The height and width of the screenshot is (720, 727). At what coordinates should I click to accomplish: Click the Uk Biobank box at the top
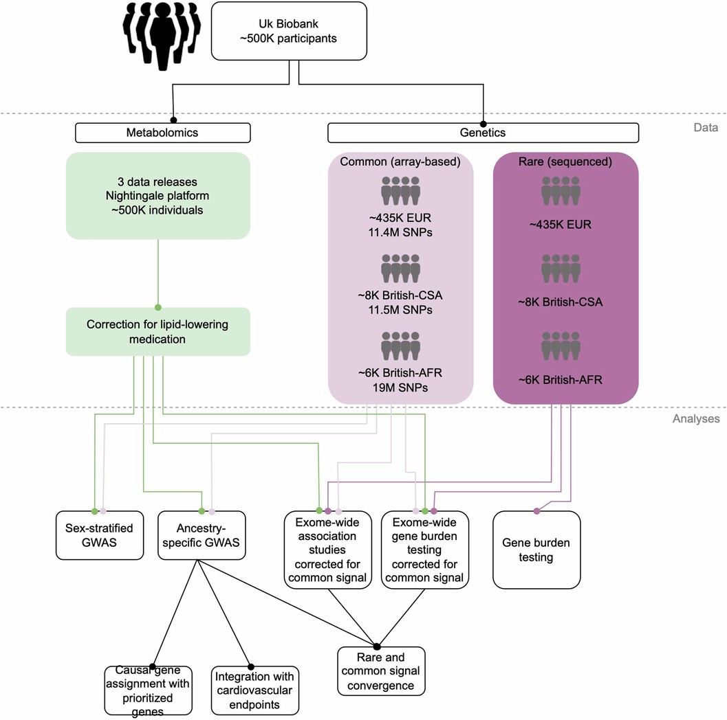[298, 32]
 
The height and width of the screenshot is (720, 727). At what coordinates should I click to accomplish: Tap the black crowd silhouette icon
[162, 36]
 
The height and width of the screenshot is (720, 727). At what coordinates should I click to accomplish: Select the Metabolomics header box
[162, 133]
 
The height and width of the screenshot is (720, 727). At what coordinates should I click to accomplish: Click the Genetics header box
[483, 133]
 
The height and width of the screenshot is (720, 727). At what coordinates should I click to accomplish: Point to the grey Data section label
[705, 127]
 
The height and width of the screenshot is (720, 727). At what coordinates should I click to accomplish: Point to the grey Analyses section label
[695, 418]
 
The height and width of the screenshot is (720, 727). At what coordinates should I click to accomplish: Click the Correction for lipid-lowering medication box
[158, 331]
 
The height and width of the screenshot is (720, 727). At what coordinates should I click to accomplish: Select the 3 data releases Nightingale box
[158, 196]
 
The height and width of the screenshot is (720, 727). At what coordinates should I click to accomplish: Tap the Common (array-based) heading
[400, 162]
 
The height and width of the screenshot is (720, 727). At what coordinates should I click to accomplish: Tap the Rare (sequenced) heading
[565, 162]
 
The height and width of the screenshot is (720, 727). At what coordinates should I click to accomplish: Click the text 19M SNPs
[400, 387]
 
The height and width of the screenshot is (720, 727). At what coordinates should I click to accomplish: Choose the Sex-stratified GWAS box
[99, 536]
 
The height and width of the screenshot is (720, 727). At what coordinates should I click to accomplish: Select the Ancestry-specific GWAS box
[202, 536]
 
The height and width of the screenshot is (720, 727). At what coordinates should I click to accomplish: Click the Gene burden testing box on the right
[536, 550]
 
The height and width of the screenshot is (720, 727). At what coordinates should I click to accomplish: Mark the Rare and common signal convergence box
[380, 670]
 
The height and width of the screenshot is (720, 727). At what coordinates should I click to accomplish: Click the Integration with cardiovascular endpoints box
[254, 689]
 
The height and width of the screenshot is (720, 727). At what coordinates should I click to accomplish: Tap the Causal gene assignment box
[148, 690]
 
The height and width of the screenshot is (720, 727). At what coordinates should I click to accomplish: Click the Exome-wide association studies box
[328, 550]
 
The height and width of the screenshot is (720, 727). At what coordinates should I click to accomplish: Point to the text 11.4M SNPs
[400, 232]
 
